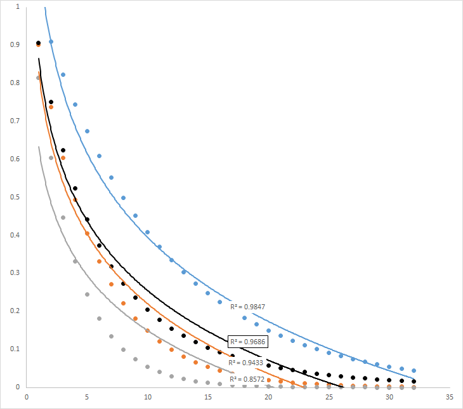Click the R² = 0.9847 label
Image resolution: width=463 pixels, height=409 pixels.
point(247,307)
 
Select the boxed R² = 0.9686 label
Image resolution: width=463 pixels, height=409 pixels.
point(247,342)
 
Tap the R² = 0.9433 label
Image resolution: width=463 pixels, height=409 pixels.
point(247,363)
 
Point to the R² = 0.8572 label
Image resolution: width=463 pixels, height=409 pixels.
point(247,379)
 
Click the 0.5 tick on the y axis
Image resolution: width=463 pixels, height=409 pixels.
point(15,197)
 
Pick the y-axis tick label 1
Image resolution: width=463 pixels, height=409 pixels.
point(17,6)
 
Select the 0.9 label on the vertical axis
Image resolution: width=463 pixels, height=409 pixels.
point(15,44)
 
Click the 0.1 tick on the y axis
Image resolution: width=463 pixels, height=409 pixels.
point(15,349)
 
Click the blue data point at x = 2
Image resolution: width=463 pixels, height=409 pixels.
point(51,42)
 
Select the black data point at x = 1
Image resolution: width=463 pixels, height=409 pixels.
point(39,43)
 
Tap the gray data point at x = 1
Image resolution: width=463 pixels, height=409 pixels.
point(39,77)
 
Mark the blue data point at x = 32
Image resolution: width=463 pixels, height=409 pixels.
point(414,370)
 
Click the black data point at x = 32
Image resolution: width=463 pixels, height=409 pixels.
point(414,382)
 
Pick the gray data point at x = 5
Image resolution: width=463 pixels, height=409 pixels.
point(87,295)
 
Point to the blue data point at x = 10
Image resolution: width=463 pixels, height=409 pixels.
point(147,232)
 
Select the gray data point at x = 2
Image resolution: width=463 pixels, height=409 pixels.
point(51,158)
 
